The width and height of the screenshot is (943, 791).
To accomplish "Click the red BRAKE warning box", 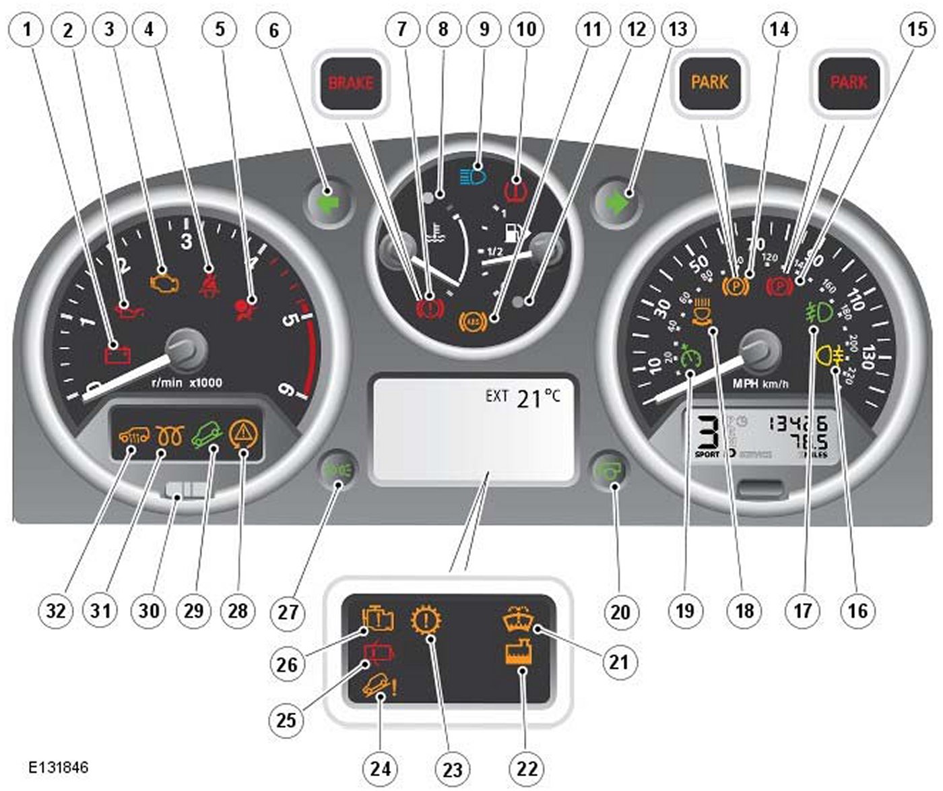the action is [x=351, y=84].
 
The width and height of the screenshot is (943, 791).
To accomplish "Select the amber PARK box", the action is [x=710, y=83].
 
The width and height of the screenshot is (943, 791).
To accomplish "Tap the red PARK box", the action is [x=849, y=83].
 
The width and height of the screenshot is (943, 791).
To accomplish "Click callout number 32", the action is [x=56, y=610].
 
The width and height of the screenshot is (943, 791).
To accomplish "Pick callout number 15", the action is [x=917, y=30].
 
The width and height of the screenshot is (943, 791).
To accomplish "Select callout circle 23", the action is [x=453, y=769].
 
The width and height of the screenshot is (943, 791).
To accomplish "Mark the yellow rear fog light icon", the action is [x=831, y=354].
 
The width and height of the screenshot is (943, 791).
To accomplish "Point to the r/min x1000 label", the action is [x=187, y=383].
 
